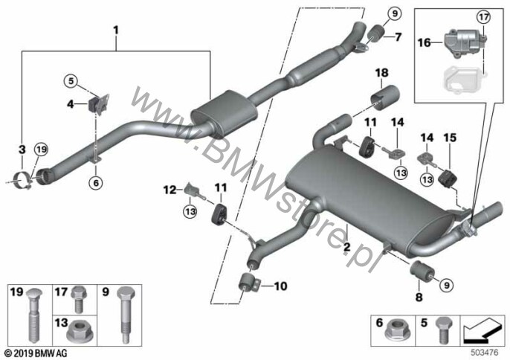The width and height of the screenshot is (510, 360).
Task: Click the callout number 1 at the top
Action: (115, 30)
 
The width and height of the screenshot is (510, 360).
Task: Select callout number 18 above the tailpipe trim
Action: (382, 73)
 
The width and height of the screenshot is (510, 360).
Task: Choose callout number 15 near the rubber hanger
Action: (450, 138)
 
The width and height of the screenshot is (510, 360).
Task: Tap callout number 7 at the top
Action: (398, 36)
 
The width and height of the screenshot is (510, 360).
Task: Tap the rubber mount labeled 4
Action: (97, 104)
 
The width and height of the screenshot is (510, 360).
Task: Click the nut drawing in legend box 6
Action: (399, 328)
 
